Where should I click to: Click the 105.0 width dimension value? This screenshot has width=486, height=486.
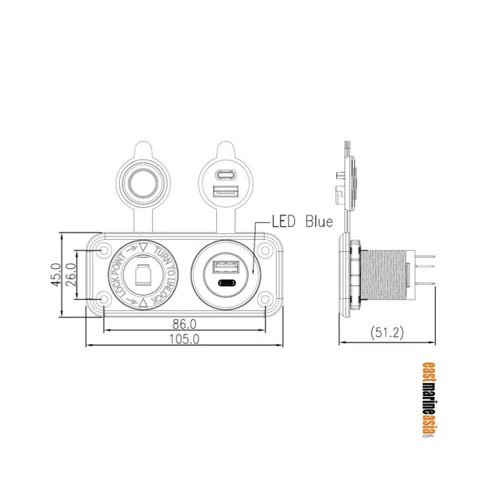tap(185, 340)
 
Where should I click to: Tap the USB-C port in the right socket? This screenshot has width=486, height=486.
tap(225, 284)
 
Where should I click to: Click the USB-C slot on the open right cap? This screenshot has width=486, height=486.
tap(225, 173)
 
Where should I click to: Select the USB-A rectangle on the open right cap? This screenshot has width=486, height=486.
tap(225, 191)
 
